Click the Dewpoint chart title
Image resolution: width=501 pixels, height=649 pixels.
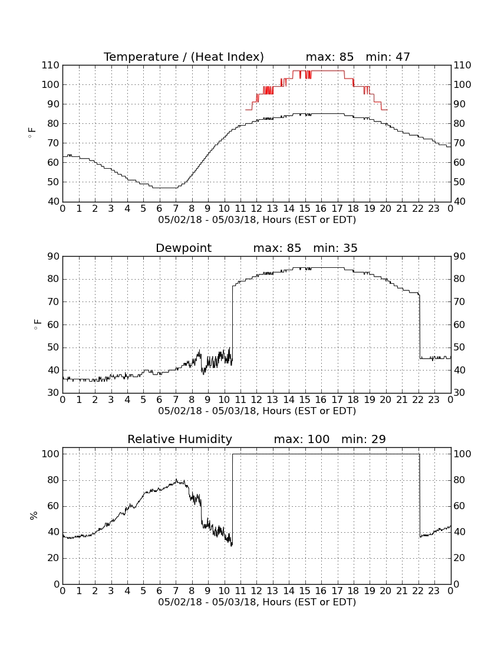[x=183, y=248]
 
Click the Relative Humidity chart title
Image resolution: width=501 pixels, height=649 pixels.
[x=180, y=439]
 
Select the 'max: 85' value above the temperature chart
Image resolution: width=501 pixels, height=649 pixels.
[x=330, y=57]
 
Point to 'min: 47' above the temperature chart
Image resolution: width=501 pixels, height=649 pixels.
[x=388, y=57]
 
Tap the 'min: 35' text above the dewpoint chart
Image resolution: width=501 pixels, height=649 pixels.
[x=335, y=248]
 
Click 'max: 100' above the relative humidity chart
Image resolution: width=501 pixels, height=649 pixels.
[x=302, y=439]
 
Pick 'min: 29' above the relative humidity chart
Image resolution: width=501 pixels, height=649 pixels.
[x=363, y=439]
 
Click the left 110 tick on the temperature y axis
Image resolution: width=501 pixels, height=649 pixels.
[x=51, y=65]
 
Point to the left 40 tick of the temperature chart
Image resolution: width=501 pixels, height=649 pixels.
[x=54, y=202]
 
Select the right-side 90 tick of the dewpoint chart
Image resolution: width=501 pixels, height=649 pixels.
[x=459, y=257]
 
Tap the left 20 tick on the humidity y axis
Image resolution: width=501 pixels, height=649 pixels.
[x=54, y=558]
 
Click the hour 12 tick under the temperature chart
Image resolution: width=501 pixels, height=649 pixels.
[x=256, y=209]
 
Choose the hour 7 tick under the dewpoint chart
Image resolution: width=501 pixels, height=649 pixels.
[x=176, y=400]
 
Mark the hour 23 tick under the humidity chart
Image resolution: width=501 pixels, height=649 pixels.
[x=434, y=591]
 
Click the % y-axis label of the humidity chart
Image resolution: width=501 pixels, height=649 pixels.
[x=34, y=516]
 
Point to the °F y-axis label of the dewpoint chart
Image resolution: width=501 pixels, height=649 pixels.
[x=37, y=324]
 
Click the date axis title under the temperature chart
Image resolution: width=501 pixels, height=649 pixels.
[x=257, y=220]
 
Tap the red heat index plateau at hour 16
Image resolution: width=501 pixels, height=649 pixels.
[x=321, y=71]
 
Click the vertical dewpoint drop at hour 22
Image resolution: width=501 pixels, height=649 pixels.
[x=420, y=326]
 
